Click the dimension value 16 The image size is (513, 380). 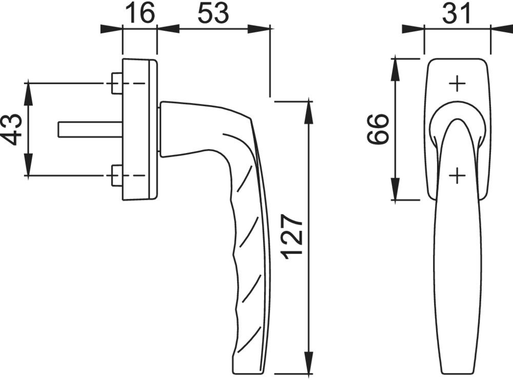[140, 13]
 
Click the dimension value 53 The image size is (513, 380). [213, 13]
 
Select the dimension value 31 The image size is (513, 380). [457, 13]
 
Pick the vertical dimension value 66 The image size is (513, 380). [378, 129]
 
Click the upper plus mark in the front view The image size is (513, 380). [457, 84]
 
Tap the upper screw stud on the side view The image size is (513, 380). [117, 83]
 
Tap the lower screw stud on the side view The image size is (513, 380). [117, 176]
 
